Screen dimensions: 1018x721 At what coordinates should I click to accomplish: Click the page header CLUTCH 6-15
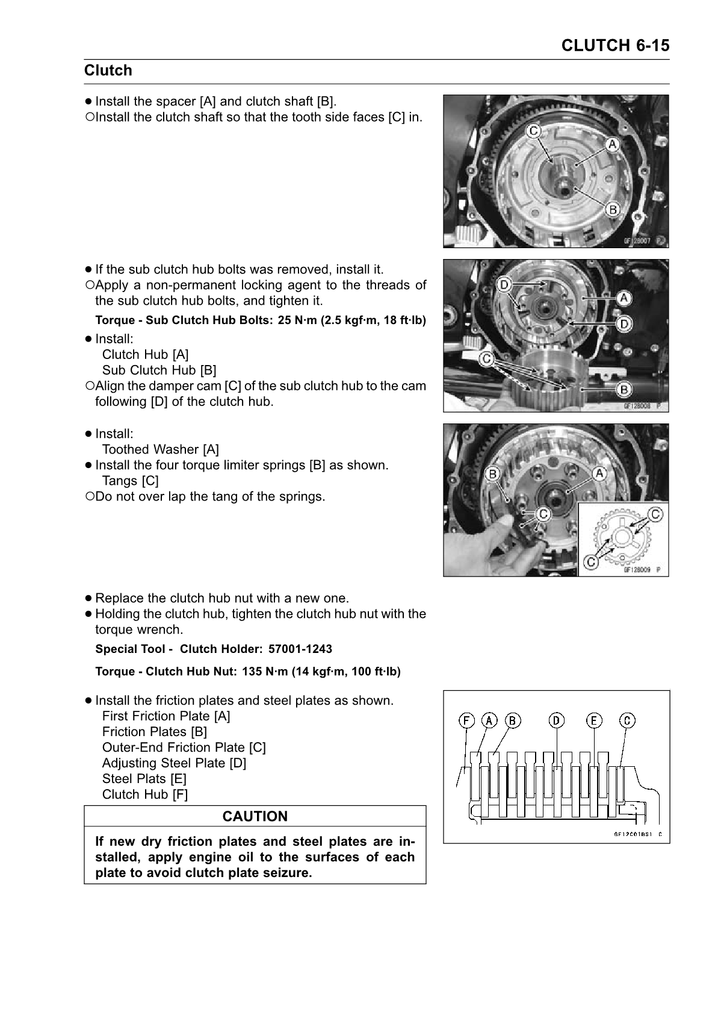point(614,46)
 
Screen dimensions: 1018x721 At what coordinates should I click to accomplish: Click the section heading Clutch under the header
point(108,70)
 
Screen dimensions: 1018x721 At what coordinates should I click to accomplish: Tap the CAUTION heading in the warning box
point(255,816)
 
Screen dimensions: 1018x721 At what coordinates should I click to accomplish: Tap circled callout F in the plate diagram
point(466,720)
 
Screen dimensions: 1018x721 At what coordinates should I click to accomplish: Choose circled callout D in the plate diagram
point(556,720)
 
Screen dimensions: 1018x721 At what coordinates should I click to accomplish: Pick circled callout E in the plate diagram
point(594,720)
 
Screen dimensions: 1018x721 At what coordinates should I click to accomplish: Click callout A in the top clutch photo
point(612,144)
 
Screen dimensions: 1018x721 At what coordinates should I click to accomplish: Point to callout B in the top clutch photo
point(613,210)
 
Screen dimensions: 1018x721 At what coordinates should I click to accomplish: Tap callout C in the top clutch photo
point(534,131)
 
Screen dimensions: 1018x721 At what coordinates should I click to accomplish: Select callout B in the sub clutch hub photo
point(624,390)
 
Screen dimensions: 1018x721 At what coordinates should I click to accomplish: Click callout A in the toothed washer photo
point(599,473)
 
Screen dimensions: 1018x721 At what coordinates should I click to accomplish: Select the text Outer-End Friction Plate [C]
point(184,748)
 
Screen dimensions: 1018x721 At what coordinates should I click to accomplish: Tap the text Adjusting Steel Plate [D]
point(174,763)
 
